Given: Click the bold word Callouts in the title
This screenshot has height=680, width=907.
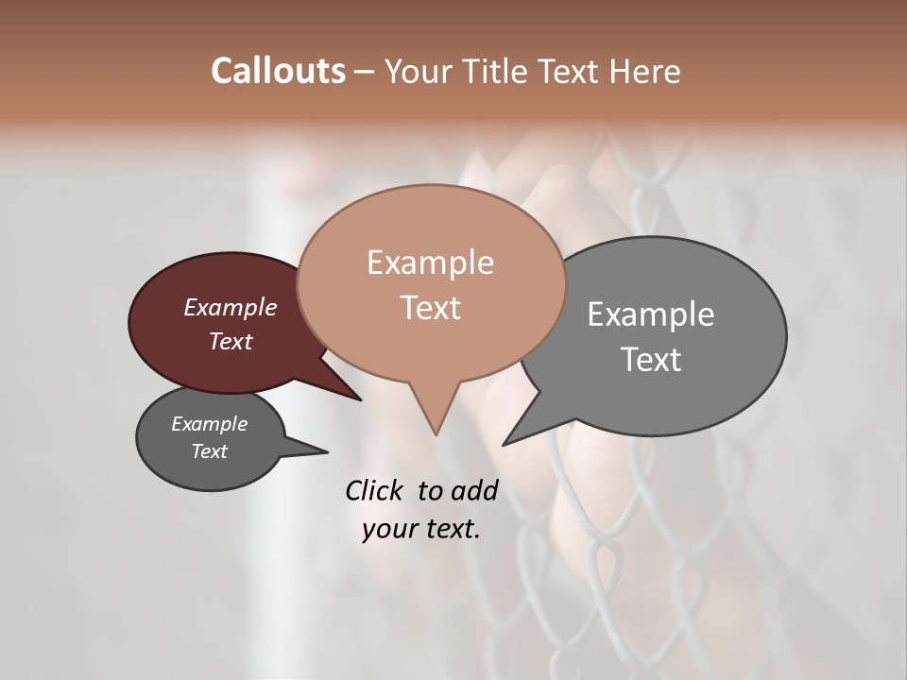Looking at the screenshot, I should (278, 71).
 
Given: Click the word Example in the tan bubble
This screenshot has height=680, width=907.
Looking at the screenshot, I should (430, 263).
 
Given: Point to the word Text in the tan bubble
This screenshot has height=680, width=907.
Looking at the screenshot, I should (430, 308).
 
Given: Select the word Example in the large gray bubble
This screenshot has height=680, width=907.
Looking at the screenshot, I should (651, 314).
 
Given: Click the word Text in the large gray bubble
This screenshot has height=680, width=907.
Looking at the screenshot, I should (651, 360).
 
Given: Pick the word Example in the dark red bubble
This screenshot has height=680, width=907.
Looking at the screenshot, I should (231, 307).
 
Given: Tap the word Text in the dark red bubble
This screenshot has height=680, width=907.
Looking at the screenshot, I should (231, 341).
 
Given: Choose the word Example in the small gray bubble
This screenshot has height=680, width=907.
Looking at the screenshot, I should (210, 424).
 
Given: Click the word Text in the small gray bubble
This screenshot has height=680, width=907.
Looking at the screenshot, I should (210, 451).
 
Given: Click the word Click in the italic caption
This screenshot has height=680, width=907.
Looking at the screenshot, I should (374, 490).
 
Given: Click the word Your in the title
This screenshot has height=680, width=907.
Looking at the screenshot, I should (420, 71).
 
